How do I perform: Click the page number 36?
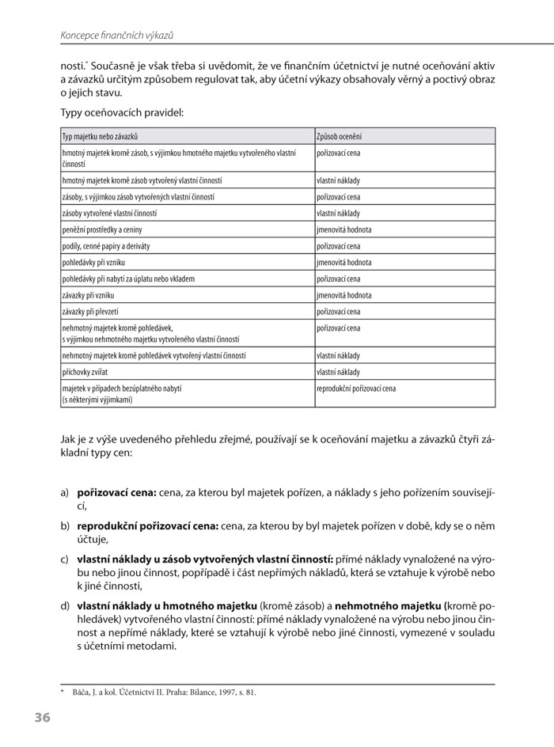pyautogui.click(x=42, y=718)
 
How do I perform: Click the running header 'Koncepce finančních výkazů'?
pyautogui.click(x=116, y=36)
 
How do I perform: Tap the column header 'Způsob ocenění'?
pyautogui.click(x=340, y=137)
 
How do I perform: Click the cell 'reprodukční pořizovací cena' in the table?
pyautogui.click(x=356, y=389)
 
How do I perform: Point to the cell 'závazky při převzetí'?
pyautogui.click(x=95, y=312)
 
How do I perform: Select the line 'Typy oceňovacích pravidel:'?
pyautogui.click(x=122, y=113)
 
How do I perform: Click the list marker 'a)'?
pyautogui.click(x=65, y=493)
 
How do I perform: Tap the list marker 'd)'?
pyautogui.click(x=65, y=605)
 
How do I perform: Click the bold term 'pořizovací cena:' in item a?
pyautogui.click(x=116, y=493)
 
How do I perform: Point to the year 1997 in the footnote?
pyautogui.click(x=216, y=692)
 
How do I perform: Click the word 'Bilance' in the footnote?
pyautogui.click(x=185, y=692)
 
